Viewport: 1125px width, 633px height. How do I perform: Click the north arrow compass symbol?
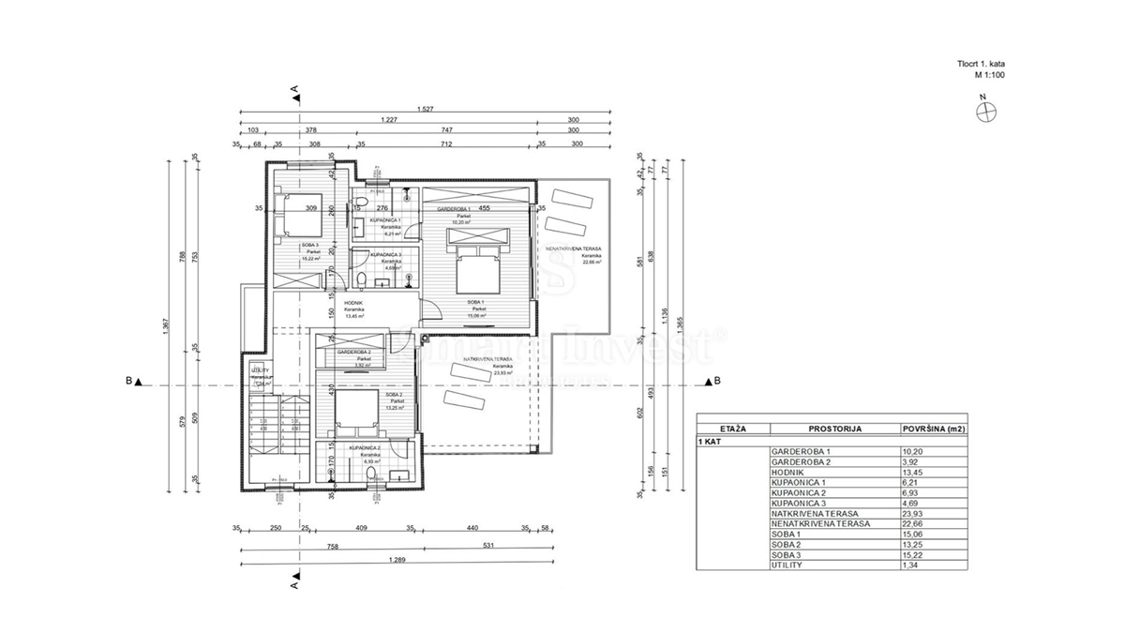[x=986, y=111]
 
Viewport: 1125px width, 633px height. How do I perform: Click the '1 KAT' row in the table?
[x=712, y=440]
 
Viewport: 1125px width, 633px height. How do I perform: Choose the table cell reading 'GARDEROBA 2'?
[x=797, y=461]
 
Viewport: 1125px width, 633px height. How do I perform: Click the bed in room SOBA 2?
[x=350, y=410]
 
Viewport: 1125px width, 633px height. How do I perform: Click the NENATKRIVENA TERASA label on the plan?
[x=571, y=252]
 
